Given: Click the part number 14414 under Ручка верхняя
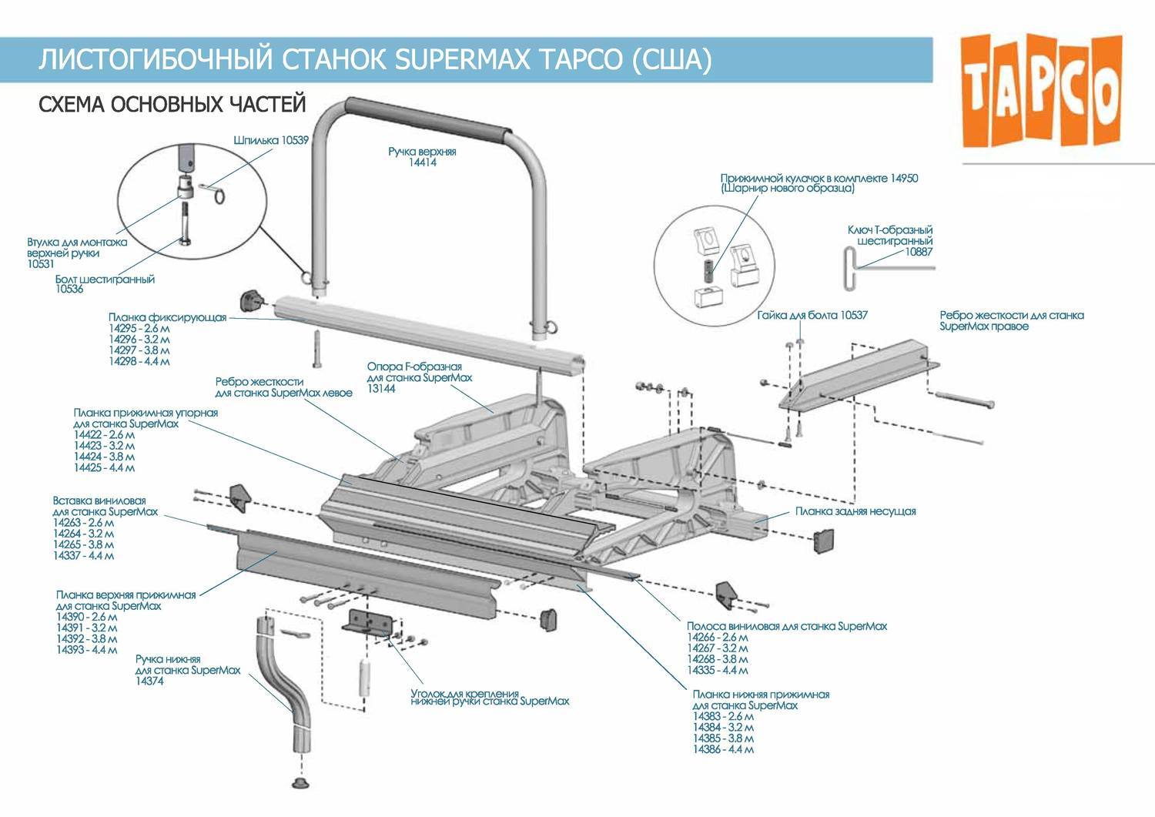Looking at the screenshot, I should point(423,162).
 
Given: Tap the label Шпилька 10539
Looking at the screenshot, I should point(270,140).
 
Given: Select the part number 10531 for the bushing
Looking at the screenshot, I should point(41,264).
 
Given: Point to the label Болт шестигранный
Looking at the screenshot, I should point(105,279).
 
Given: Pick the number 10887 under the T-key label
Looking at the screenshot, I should point(918,252).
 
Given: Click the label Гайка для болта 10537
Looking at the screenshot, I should point(812,315).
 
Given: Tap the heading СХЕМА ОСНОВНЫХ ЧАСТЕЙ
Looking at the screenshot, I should point(172,104).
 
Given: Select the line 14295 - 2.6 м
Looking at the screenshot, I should point(139,328).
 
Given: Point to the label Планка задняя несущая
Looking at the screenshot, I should point(855,511).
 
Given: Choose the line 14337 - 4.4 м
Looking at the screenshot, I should point(83,555).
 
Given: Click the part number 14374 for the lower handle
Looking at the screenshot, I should point(149,681).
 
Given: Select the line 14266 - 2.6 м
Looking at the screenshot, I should point(717,637).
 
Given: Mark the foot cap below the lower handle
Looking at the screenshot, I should point(301,783).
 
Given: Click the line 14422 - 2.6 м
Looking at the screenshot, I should point(105,434).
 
